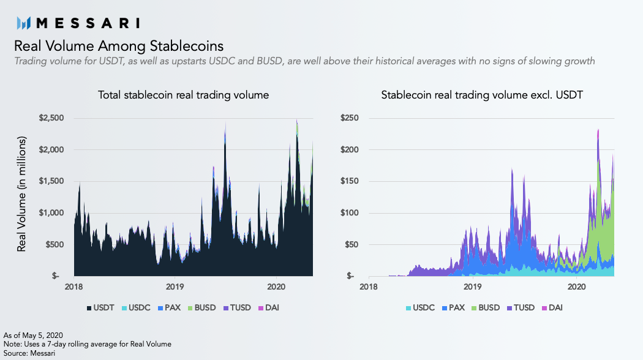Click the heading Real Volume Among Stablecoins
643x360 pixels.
118,46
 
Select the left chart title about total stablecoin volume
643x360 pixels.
184,96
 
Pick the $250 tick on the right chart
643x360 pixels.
350,118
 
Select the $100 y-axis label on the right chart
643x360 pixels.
350,213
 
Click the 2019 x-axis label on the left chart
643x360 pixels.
175,285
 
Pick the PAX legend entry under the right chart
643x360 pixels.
454,307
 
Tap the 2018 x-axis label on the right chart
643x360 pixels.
369,285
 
